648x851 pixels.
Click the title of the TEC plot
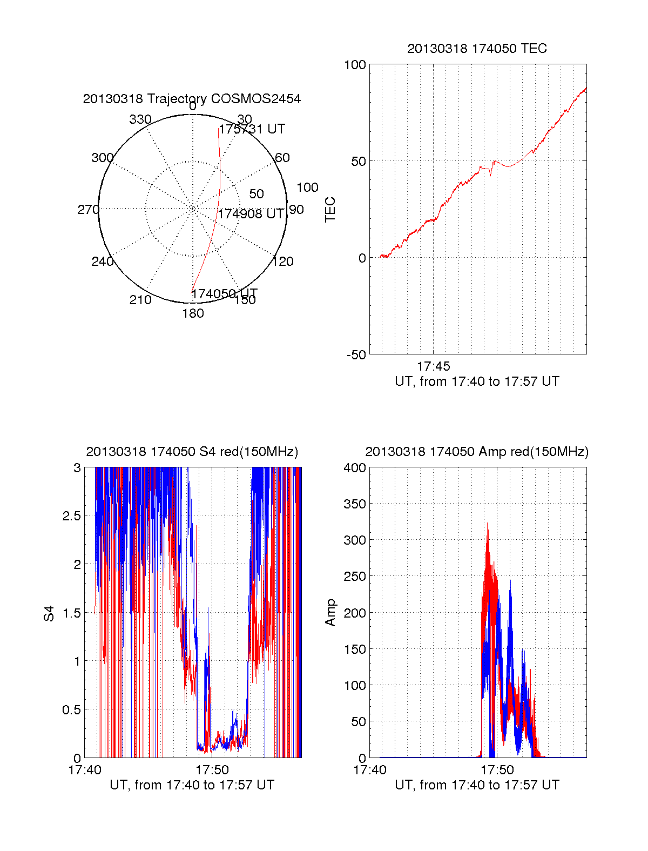coord(477,49)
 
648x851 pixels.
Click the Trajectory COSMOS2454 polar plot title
coord(192,99)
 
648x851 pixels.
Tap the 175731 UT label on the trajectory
coord(252,129)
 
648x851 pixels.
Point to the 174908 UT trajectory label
coord(251,213)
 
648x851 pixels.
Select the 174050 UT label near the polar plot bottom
coord(225,293)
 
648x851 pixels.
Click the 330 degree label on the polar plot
coord(140,119)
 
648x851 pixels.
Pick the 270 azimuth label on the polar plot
coord(88,210)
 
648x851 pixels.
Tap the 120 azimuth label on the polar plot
coord(282,262)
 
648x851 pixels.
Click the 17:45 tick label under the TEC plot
coord(433,366)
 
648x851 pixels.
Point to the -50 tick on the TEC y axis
coord(356,354)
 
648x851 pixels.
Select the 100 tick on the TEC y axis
coord(355,65)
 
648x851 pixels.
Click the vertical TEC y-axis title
coord(330,210)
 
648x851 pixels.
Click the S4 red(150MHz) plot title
coord(192,452)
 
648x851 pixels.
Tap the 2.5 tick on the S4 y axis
coord(72,516)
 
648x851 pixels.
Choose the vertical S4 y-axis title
coord(49,613)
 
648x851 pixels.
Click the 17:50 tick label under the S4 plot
coord(212,769)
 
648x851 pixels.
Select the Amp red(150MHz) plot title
coord(477,452)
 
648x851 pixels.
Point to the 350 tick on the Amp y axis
coord(355,504)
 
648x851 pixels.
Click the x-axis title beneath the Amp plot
coord(477,785)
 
